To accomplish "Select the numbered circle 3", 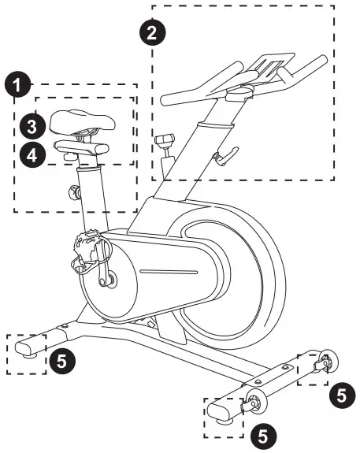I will click(31, 125).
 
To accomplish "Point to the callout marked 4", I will click(31, 155).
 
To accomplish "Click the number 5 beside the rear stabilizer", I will click(66, 361).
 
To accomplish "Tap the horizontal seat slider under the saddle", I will click(80, 147).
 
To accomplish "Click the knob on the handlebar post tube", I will click(165, 141).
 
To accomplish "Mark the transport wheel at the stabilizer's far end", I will click(325, 362).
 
